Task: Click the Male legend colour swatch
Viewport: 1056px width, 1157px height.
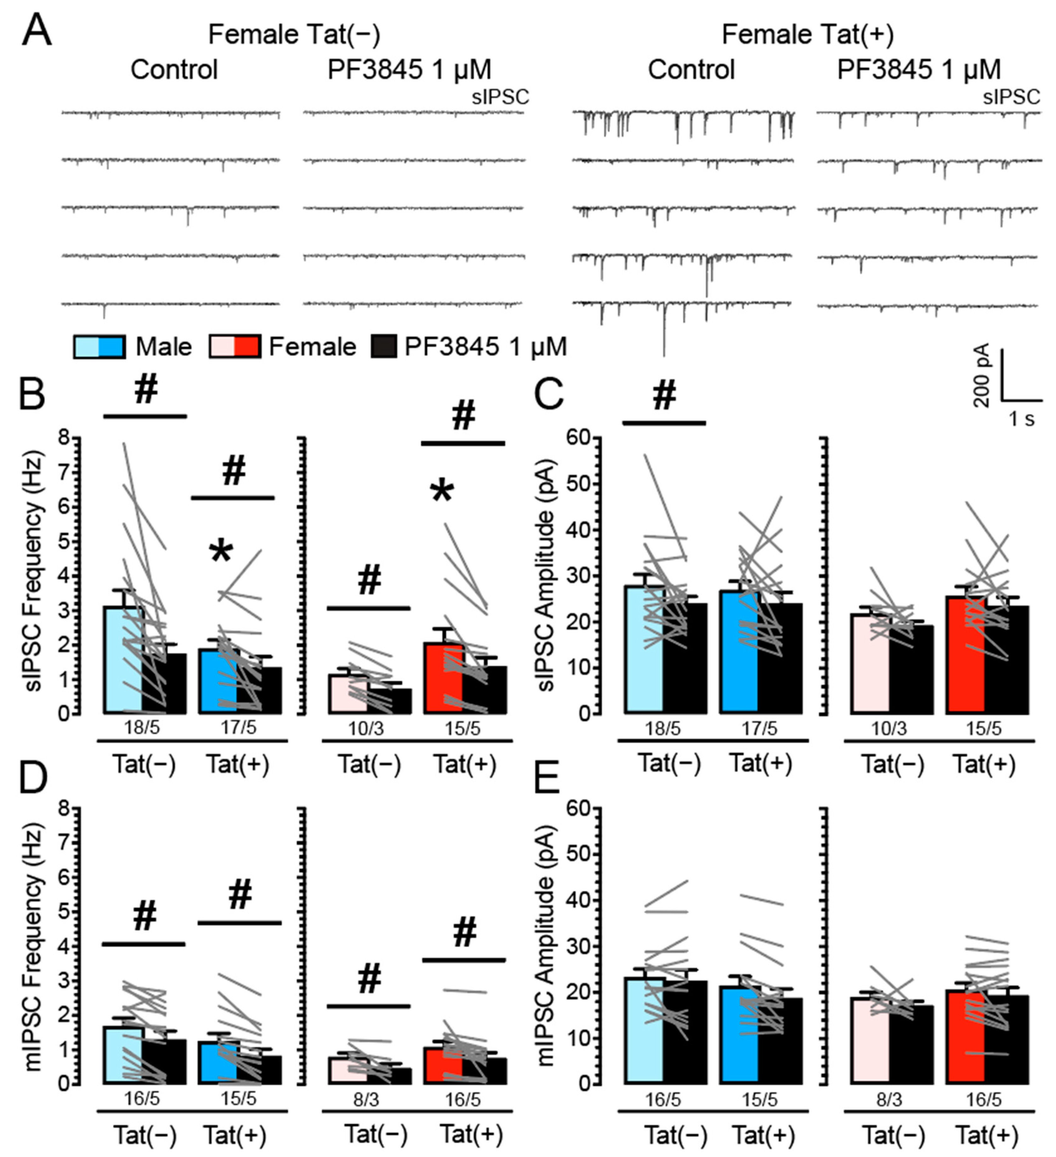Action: (99, 347)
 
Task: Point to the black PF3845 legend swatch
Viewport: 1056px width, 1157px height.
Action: (384, 347)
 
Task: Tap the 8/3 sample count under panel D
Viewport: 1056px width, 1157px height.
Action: (367, 1099)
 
